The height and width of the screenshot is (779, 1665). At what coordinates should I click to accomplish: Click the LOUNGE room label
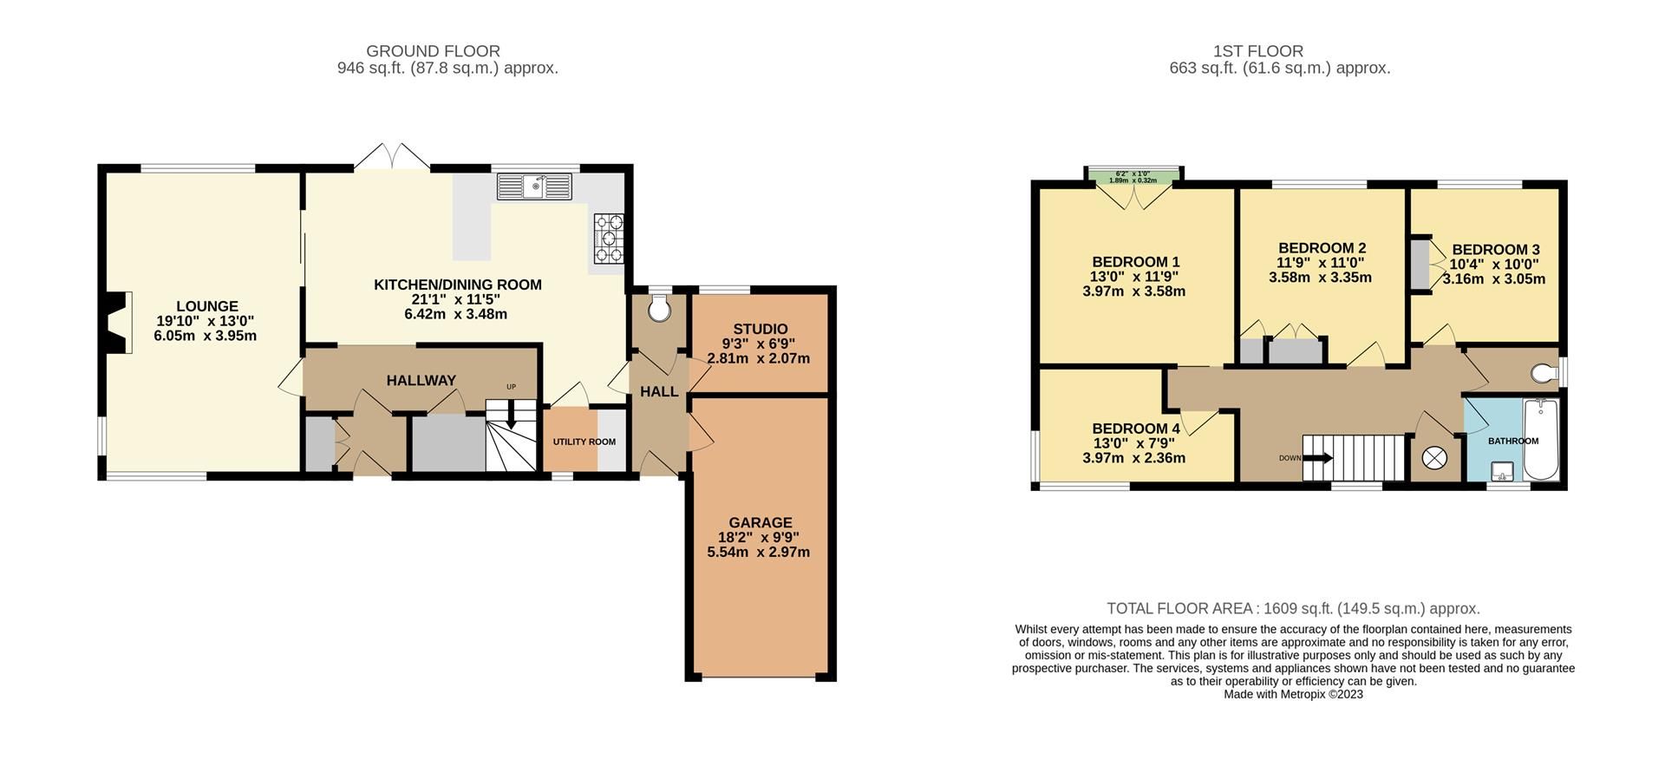[x=206, y=306]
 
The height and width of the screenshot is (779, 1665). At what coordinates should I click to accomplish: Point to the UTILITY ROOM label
[x=584, y=442]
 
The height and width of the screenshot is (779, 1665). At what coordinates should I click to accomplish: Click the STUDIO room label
[x=760, y=329]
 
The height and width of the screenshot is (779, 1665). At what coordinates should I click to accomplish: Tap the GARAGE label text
[x=760, y=522]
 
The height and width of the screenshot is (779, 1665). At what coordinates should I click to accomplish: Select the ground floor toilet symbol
[x=660, y=309]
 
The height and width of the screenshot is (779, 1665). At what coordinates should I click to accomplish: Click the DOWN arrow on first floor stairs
[x=1316, y=458]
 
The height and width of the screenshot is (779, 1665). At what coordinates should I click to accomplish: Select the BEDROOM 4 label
[x=1135, y=429]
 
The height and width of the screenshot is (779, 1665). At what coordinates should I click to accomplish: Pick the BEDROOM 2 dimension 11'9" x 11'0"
[x=1320, y=263]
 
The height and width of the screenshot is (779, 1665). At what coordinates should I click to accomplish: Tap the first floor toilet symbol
[x=1544, y=373]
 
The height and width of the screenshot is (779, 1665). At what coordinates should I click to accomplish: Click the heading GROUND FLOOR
[x=433, y=51]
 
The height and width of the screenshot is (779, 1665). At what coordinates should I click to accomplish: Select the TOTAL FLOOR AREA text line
[x=1293, y=608]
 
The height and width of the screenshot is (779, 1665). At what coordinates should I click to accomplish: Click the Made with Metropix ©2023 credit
[x=1293, y=694]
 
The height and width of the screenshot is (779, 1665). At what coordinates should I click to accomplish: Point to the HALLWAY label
[x=421, y=381]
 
